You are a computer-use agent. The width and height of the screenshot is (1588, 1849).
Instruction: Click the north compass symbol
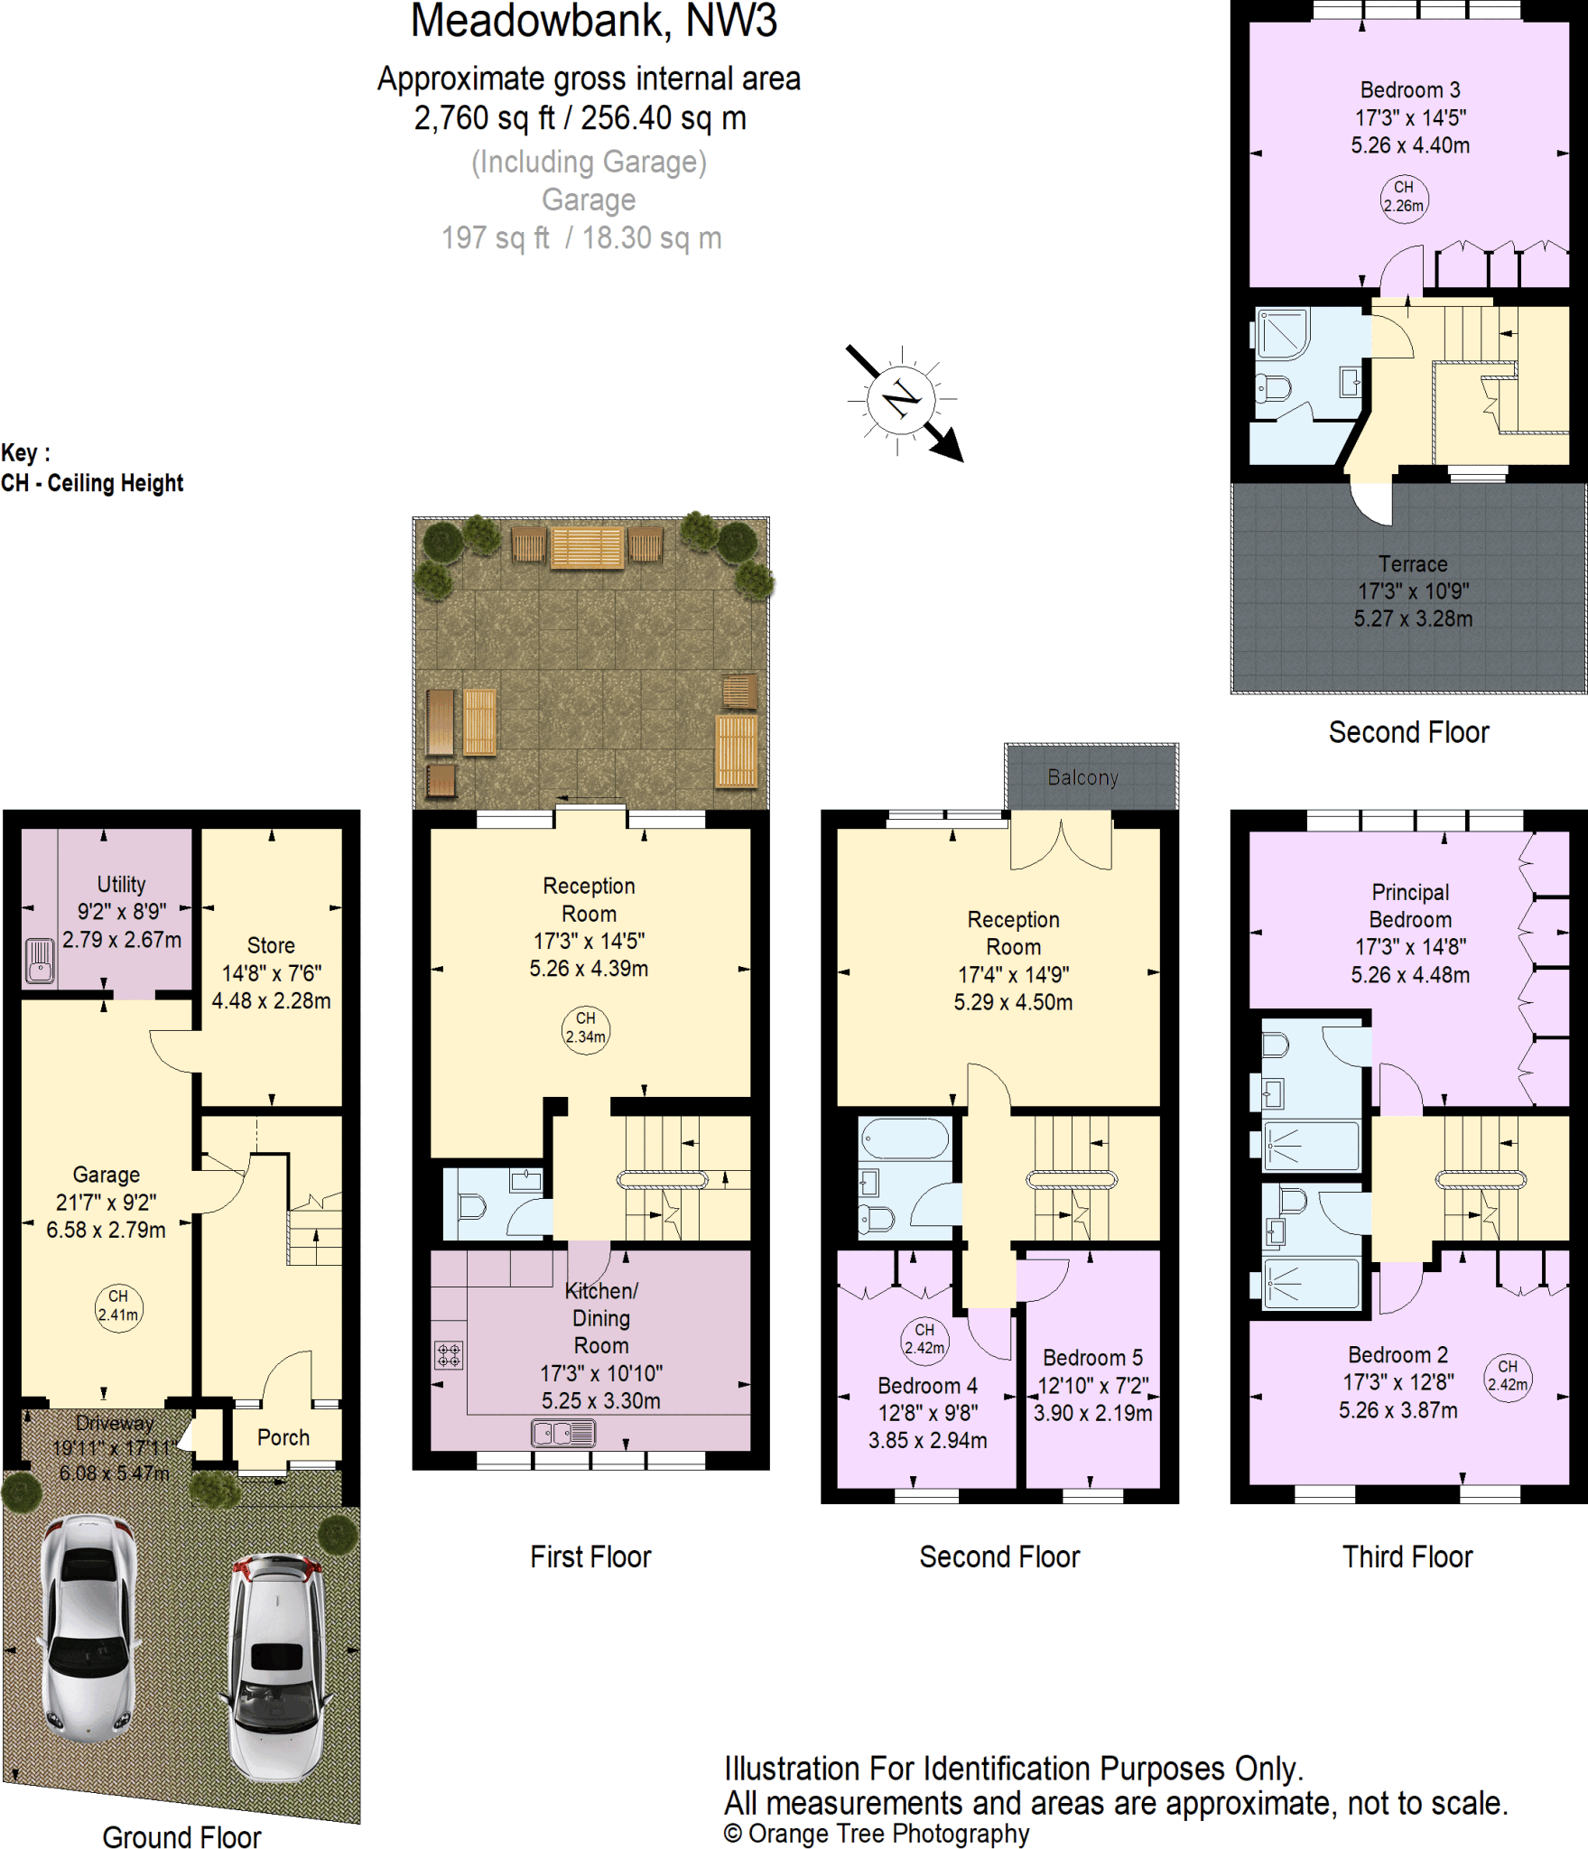click(x=901, y=398)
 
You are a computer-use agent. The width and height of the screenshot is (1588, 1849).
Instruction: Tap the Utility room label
click(x=121, y=884)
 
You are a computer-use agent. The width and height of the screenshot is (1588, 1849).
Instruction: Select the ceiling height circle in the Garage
click(x=118, y=1306)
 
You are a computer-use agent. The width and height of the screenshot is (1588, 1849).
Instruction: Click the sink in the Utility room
click(x=40, y=960)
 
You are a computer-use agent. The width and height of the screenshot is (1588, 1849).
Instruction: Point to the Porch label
click(x=283, y=1437)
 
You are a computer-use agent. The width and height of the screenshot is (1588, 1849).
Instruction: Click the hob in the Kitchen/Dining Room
click(x=449, y=1354)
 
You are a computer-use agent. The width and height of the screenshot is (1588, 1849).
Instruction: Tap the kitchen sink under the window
click(x=563, y=1433)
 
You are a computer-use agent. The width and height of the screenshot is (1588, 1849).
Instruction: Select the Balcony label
click(x=1082, y=777)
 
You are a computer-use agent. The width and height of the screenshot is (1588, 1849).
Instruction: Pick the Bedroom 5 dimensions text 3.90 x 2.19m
click(x=1092, y=1413)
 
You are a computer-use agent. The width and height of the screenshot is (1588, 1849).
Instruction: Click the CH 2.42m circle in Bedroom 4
click(x=924, y=1338)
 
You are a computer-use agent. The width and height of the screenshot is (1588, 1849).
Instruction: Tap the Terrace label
click(x=1412, y=564)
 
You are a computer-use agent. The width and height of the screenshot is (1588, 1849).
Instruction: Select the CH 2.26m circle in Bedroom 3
click(x=1404, y=198)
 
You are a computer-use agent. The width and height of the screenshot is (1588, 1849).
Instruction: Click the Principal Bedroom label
click(x=1410, y=906)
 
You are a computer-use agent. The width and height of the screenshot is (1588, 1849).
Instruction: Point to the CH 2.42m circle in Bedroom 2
click(x=1508, y=1376)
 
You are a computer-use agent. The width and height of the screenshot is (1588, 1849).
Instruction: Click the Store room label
click(x=271, y=945)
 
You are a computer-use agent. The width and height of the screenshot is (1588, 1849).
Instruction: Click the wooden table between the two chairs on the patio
click(x=587, y=547)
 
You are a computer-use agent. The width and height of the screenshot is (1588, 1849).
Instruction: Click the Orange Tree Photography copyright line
click(x=876, y=1834)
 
